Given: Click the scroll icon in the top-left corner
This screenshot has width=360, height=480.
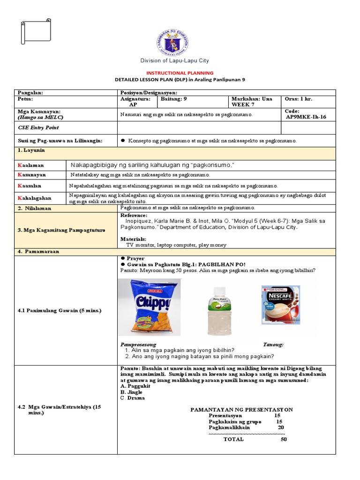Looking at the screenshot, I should pos(36,31).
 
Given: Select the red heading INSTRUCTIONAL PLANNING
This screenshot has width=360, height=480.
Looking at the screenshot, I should pos(180,73).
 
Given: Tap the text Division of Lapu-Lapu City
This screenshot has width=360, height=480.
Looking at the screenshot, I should pos(175,60).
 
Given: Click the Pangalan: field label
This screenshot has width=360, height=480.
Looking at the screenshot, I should pos(30,93).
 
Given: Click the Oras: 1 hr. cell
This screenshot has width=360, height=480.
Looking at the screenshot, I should pos(300,99).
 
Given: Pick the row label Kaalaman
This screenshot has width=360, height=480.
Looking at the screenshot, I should pos(31,165).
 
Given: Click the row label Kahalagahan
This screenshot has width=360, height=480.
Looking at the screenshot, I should pos(35,198).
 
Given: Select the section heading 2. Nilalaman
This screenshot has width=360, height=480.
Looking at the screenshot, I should pos(35,208).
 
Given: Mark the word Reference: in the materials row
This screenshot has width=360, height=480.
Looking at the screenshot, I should pos(135,215).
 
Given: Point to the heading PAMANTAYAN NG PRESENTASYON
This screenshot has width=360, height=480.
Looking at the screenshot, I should pos(241,409).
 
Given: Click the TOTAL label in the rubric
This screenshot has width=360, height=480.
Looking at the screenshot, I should pos(233,439).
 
